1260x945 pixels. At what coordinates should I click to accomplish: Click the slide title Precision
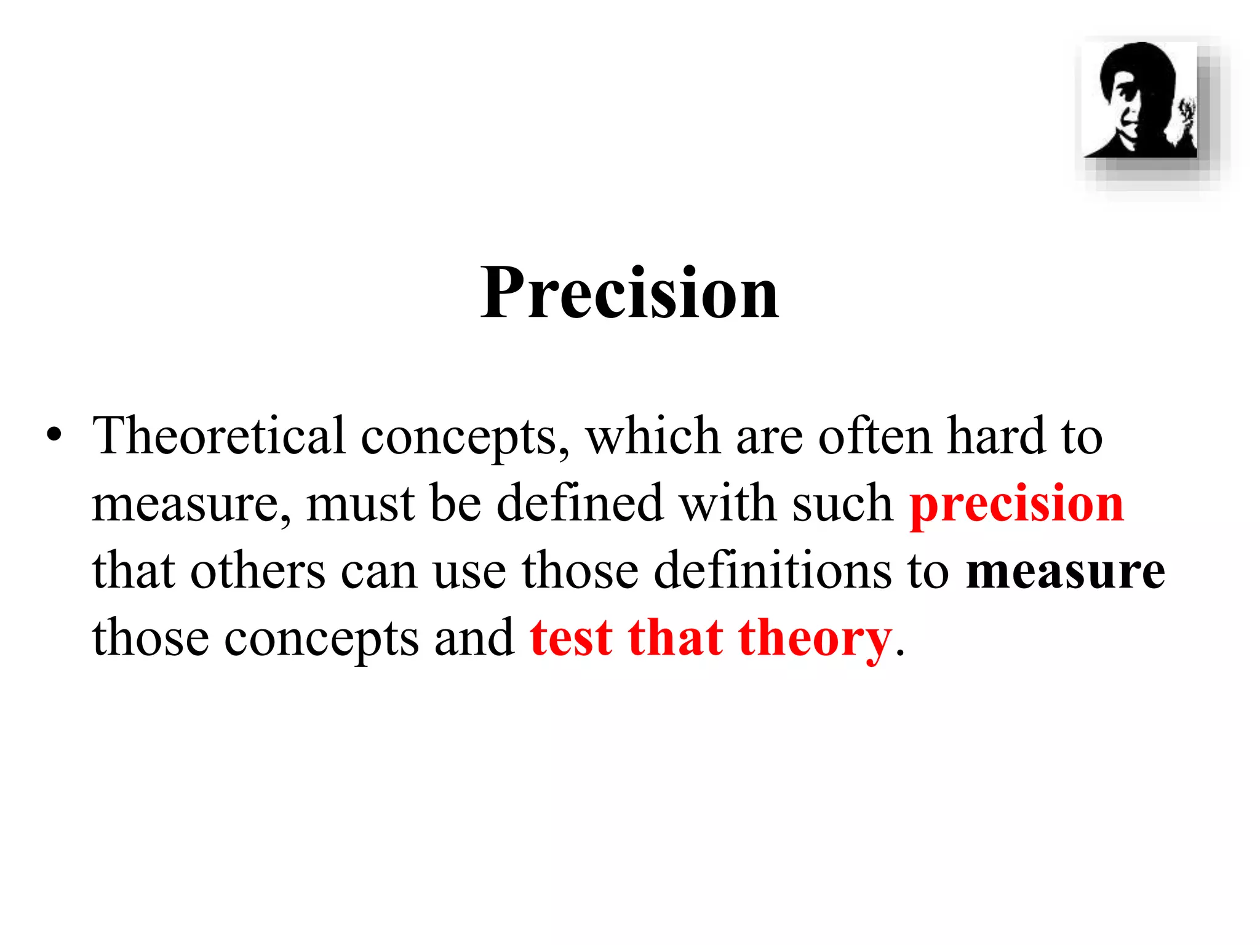[629, 293]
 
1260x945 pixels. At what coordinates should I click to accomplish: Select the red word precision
[1016, 504]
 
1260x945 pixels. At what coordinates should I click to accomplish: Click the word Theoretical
[218, 436]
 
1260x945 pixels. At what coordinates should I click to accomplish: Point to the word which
[653, 436]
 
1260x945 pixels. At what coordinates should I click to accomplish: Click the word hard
[996, 436]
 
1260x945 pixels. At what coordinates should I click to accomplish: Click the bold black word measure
[1065, 572]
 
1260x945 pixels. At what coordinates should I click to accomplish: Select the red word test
[571, 639]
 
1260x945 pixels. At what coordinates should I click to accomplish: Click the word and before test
[474, 639]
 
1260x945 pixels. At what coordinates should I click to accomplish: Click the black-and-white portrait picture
[1140, 100]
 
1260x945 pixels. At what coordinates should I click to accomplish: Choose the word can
[378, 572]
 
